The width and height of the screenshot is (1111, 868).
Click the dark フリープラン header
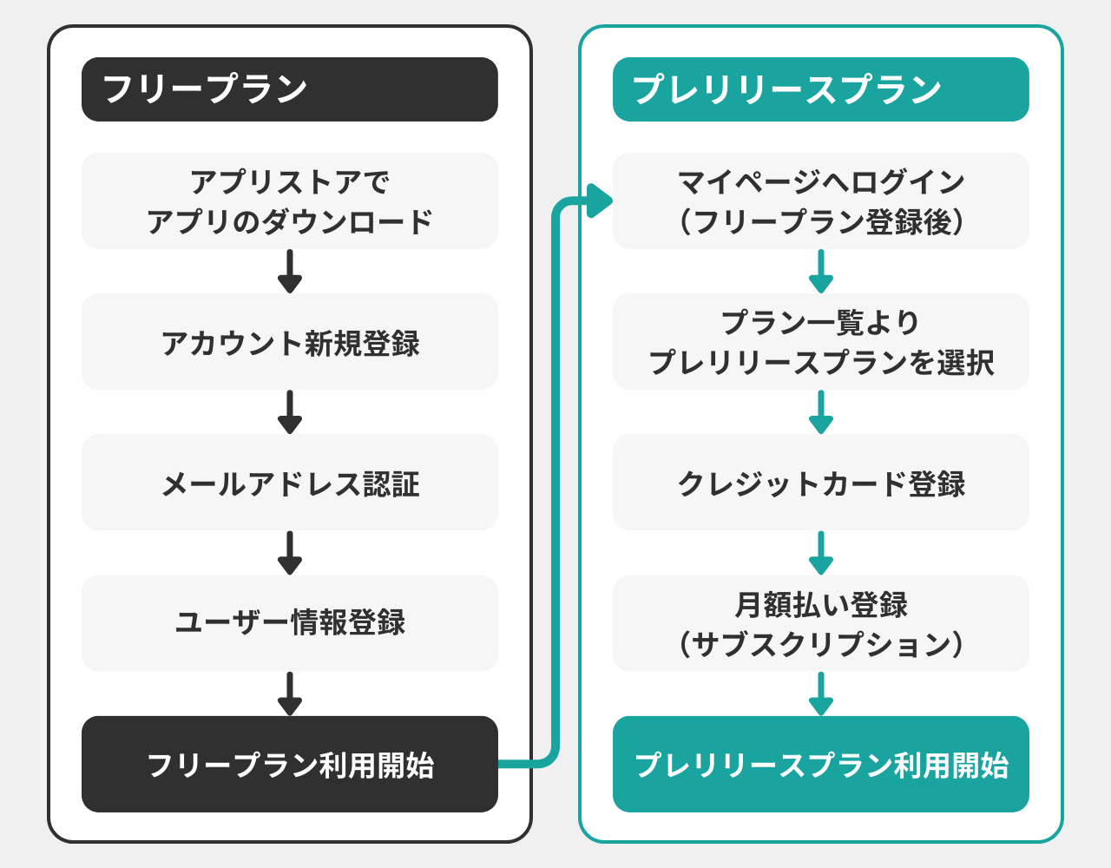click(x=289, y=89)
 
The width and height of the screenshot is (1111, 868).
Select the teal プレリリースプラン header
click(x=820, y=89)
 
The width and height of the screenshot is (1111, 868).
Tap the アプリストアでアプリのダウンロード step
click(x=289, y=201)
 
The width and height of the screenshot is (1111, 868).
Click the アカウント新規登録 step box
click(x=289, y=342)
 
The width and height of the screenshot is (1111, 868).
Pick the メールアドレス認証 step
click(x=289, y=483)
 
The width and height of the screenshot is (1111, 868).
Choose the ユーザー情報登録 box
click(x=289, y=623)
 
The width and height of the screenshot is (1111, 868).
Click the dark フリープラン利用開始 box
click(x=289, y=764)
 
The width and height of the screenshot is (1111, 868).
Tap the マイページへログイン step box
click(x=820, y=201)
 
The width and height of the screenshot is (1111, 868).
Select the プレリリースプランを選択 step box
click(x=820, y=342)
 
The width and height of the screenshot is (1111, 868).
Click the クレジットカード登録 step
click(x=820, y=483)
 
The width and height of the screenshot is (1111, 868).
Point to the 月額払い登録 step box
click(x=820, y=623)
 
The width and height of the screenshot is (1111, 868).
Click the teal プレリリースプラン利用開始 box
click(x=820, y=764)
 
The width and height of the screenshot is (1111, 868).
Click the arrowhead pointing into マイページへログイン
click(x=599, y=201)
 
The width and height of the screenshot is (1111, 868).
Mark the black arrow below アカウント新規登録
click(x=290, y=412)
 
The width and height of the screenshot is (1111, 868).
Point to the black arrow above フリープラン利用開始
click(x=290, y=694)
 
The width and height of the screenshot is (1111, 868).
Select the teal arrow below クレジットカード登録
click(x=821, y=553)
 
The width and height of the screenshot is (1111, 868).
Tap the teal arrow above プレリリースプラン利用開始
click(x=821, y=694)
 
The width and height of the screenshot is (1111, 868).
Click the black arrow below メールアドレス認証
click(x=290, y=553)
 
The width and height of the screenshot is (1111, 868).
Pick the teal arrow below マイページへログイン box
click(x=821, y=272)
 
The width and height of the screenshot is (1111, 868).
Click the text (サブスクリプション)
click(x=820, y=644)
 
